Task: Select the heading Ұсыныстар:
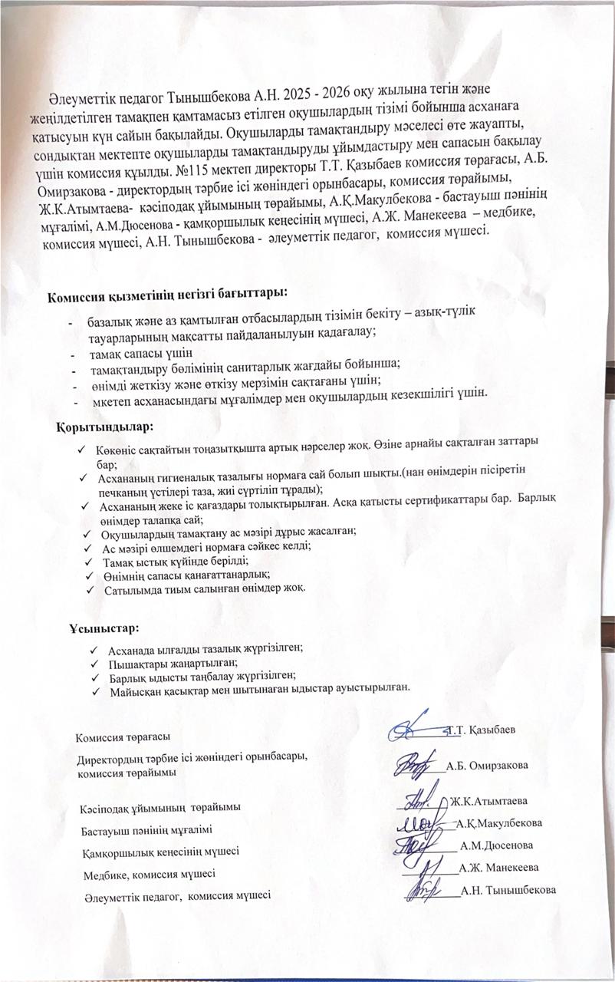(104, 629)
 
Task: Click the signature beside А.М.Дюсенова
(420, 845)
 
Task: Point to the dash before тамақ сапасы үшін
(73, 354)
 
